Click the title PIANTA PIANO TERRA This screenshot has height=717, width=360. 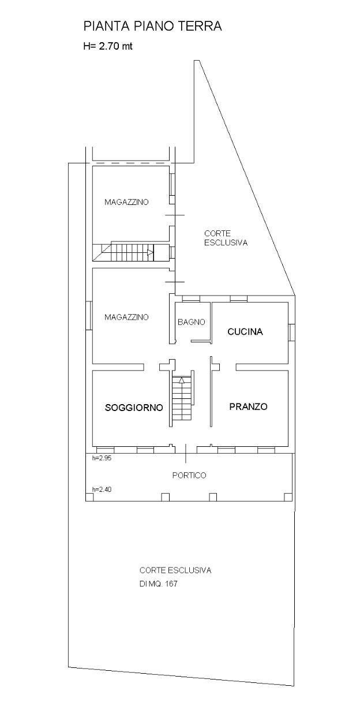tap(152, 26)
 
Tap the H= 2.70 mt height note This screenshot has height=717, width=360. tap(108, 46)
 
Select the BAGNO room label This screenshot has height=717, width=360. tap(192, 322)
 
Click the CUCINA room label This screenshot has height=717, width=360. tap(245, 331)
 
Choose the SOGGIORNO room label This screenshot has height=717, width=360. tap(134, 408)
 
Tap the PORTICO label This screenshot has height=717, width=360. tap(189, 475)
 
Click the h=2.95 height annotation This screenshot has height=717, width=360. tap(102, 458)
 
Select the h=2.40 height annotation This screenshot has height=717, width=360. tap(102, 490)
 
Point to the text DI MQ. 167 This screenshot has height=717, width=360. tap(159, 584)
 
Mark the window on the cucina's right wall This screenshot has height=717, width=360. tap(291, 333)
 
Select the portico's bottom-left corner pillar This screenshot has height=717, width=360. tap(89, 497)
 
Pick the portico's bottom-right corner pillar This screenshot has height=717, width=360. tap(288, 497)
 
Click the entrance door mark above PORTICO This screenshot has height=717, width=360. tap(186, 453)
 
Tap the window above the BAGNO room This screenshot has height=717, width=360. tap(191, 298)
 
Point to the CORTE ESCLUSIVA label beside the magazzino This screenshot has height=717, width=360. tap(226, 238)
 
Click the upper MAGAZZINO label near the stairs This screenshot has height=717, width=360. tap(127, 202)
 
